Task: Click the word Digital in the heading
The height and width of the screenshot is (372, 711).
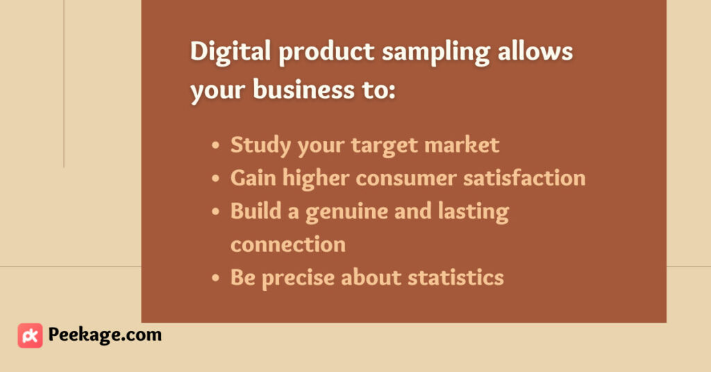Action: [231, 51]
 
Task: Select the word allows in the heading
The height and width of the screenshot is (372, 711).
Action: [535, 51]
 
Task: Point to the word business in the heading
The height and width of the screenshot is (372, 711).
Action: [303, 89]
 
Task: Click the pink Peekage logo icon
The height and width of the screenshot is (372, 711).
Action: [31, 335]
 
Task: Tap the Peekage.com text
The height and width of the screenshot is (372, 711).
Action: [105, 335]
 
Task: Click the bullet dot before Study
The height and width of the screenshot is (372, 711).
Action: [215, 146]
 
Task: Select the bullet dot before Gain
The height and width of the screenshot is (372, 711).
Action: [215, 178]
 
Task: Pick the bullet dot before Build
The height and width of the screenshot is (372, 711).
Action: [215, 212]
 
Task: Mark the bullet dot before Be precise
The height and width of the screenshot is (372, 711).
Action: [215, 278]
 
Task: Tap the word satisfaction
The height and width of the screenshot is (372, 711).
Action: [524, 177]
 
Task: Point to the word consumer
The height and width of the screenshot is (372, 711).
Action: [405, 178]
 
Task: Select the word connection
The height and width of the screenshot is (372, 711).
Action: [288, 244]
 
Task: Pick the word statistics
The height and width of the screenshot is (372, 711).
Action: [455, 278]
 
